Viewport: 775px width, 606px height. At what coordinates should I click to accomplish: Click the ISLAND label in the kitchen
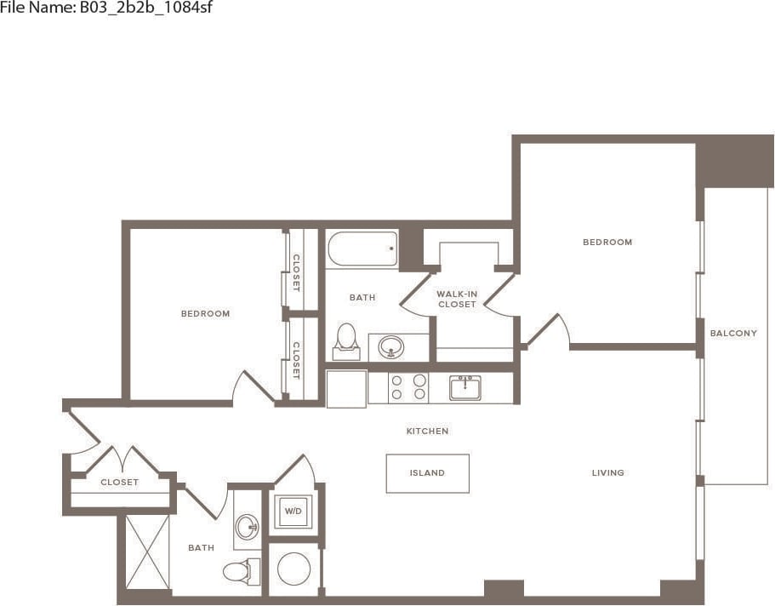427,473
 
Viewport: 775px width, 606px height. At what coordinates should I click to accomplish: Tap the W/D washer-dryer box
293,512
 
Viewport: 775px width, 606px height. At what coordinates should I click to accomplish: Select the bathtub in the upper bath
362,249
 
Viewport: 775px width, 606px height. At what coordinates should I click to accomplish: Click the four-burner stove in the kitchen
408,388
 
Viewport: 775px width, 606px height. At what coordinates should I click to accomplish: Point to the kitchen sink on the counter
465,387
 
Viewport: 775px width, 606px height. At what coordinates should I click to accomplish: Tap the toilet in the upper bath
345,339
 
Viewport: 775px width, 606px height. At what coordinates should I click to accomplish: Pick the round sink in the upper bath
391,346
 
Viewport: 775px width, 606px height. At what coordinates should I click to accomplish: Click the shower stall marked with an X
147,551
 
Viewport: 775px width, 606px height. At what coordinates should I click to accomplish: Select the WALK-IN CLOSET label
457,299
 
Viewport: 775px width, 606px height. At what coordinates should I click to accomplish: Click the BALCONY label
733,334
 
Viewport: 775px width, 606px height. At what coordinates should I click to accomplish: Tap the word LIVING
608,473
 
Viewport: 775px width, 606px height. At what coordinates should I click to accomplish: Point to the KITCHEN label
427,432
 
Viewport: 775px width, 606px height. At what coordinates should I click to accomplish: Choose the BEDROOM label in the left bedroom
205,314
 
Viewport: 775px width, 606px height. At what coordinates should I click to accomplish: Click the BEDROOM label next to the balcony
607,243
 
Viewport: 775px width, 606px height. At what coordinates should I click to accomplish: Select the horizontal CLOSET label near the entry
119,483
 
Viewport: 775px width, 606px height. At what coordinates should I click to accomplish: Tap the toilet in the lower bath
237,569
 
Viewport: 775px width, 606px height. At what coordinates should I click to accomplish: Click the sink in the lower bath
247,526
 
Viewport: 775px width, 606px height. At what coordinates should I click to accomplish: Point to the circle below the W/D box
294,569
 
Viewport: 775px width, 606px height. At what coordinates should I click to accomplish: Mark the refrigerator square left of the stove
346,388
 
